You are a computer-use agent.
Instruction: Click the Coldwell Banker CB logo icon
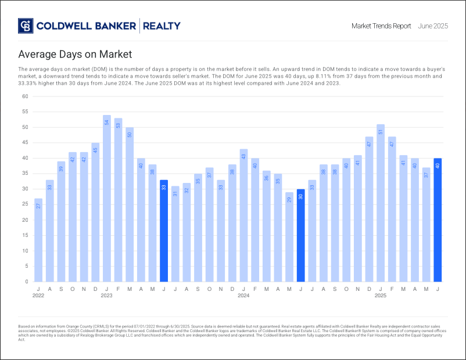(26, 26)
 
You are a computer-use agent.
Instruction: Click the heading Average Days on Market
(75, 55)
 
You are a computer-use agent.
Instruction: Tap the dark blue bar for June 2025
(437, 220)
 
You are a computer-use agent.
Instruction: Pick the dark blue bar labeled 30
(300, 235)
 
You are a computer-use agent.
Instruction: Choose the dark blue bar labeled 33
(164, 231)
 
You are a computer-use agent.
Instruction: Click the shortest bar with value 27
(38, 240)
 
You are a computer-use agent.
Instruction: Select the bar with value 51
(381, 203)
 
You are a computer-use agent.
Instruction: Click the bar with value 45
(95, 212)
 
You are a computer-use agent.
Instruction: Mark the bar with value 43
(243, 215)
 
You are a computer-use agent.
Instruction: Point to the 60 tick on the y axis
(25, 96)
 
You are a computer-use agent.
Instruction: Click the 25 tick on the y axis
(25, 204)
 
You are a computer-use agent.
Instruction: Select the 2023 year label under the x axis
(107, 296)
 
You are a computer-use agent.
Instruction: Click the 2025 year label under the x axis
(381, 296)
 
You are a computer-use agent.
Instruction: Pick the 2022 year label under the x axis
(38, 296)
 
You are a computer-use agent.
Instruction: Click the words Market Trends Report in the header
(381, 26)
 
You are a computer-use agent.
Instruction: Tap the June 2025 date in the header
(433, 26)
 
